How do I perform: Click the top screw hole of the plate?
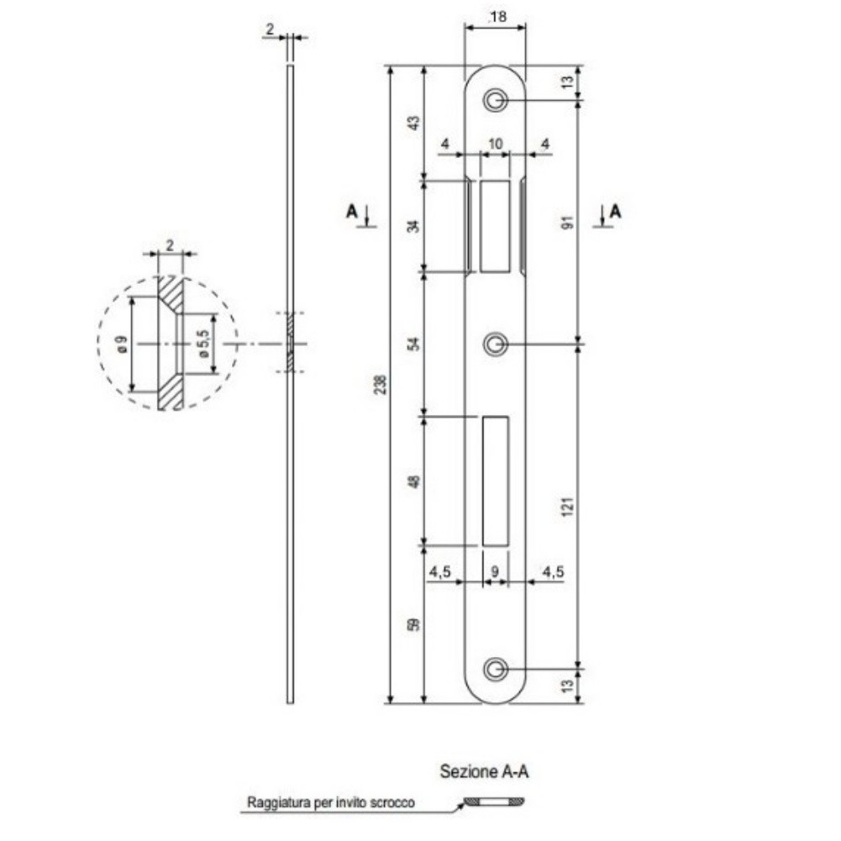pyautogui.click(x=495, y=100)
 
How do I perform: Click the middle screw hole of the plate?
pyautogui.click(x=495, y=344)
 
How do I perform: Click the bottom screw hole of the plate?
pyautogui.click(x=495, y=670)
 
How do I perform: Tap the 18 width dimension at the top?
pyautogui.click(x=497, y=17)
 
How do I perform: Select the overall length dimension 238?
pyautogui.click(x=381, y=385)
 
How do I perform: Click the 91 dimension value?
pyautogui.click(x=568, y=222)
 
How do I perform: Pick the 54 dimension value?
pyautogui.click(x=414, y=344)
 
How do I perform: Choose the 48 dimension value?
pyautogui.click(x=414, y=481)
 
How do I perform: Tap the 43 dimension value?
pyautogui.click(x=414, y=123)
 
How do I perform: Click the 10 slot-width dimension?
pyautogui.click(x=496, y=144)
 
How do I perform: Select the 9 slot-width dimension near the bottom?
pyautogui.click(x=495, y=571)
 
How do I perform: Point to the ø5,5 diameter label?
pyautogui.click(x=203, y=344)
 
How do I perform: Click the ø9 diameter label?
pyautogui.click(x=123, y=344)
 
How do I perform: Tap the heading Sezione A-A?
pyautogui.click(x=484, y=771)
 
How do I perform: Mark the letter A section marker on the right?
pyautogui.click(x=615, y=212)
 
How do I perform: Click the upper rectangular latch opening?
pyautogui.click(x=495, y=226)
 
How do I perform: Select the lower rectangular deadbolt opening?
pyautogui.click(x=495, y=481)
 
